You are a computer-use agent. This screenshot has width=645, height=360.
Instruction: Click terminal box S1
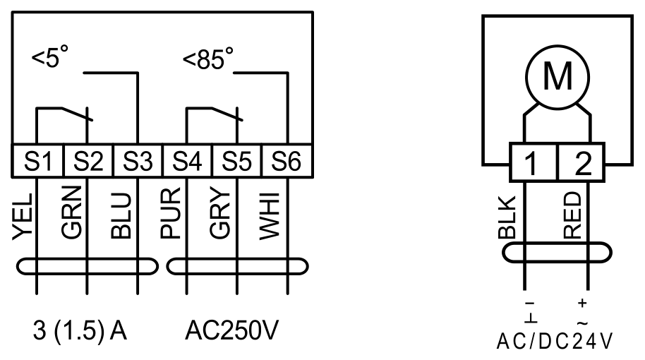[x=38, y=161]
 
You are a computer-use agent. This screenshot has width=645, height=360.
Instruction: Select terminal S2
[x=88, y=161]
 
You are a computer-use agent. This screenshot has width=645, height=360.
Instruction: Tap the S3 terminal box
[x=138, y=161]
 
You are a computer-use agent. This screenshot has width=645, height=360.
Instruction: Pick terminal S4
[x=187, y=161]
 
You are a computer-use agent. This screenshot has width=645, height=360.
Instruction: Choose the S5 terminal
[x=236, y=161]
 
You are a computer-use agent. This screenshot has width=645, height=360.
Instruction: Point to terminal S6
[x=287, y=161]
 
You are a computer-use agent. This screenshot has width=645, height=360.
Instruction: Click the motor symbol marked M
[x=557, y=77]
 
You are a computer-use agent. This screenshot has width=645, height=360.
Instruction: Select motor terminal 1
[x=533, y=162]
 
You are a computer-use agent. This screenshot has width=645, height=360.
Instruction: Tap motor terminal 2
[x=581, y=162]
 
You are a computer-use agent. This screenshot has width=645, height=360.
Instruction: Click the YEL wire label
[x=23, y=217]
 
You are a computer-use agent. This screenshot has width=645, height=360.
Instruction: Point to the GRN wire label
[x=71, y=212]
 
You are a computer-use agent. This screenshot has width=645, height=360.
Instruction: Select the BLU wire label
[x=121, y=215]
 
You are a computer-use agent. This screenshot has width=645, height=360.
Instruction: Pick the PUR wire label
[x=170, y=213]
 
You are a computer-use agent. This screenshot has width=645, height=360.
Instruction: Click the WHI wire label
[x=270, y=216]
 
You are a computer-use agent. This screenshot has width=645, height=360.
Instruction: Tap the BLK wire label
[x=507, y=217]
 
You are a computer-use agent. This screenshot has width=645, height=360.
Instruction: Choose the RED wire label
[x=572, y=215]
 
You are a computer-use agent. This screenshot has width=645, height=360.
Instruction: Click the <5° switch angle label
[x=50, y=56]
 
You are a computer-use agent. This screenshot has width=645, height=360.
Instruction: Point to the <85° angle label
[x=208, y=58]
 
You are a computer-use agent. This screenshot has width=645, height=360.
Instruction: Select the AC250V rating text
[x=231, y=330]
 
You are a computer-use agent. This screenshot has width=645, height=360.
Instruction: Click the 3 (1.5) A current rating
[x=80, y=330]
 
